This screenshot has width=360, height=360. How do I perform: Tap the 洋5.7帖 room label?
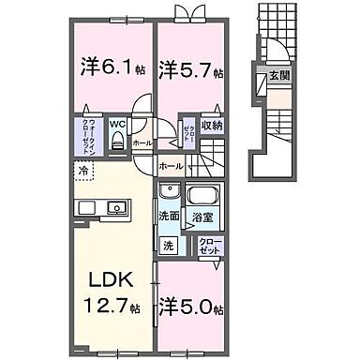click(x=190, y=69)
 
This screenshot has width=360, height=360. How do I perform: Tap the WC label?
click(x=117, y=122)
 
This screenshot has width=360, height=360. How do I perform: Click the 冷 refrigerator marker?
click(x=83, y=172)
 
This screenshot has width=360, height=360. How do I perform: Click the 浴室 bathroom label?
click(x=202, y=216)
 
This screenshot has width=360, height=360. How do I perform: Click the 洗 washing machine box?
click(x=169, y=247)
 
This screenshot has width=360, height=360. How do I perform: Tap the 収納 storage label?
click(x=212, y=125)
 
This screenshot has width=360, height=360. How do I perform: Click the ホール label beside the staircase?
click(x=171, y=165)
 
